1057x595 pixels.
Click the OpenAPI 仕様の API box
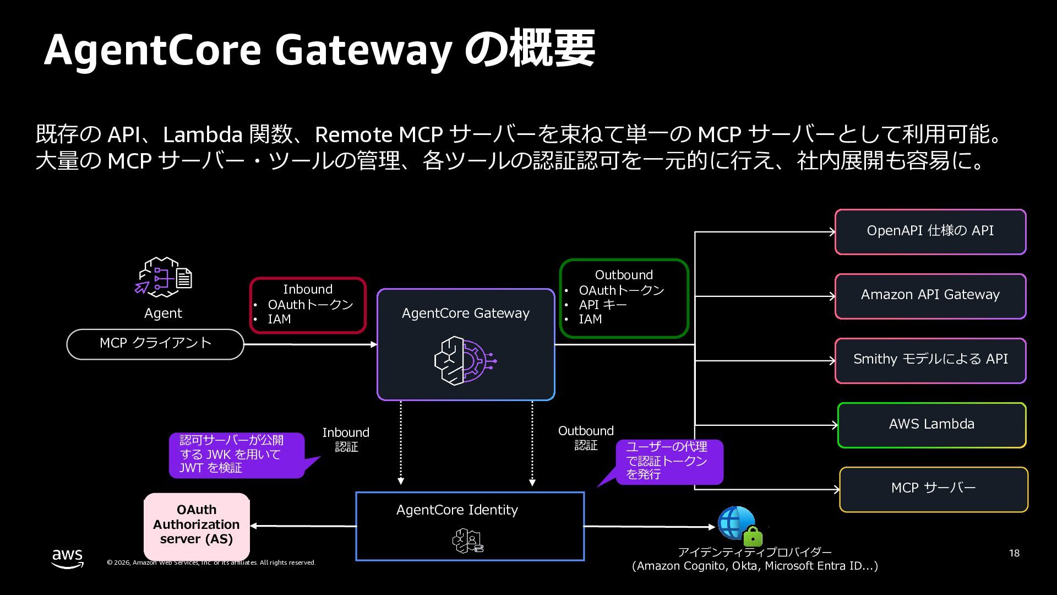[930, 231]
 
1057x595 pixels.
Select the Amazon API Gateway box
[930, 296]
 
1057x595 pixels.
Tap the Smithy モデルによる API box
[930, 360]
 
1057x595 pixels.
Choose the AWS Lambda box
[931, 425]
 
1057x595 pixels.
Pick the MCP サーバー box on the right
[933, 489]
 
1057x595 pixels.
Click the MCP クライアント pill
[155, 344]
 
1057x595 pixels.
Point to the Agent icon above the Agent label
[164, 277]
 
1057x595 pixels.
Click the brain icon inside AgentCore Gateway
[465, 361]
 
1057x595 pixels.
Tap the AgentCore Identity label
[457, 510]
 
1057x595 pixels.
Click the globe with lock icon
[740, 526]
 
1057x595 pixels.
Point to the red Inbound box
[308, 305]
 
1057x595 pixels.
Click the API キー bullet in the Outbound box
[603, 305]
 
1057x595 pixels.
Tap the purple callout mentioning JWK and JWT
[237, 455]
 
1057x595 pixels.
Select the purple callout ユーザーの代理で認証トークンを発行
[668, 461]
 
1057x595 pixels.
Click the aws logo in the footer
[68, 558]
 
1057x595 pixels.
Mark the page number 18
[1014, 553]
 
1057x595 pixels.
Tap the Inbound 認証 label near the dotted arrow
[346, 440]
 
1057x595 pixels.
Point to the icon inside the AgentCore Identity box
[468, 540]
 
